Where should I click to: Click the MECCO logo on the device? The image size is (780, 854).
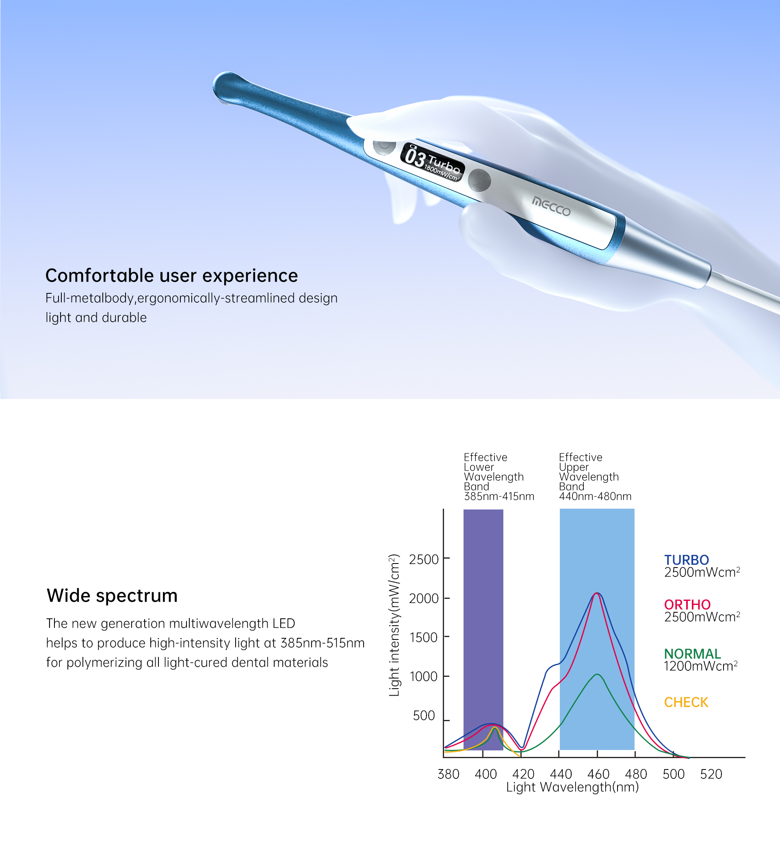pyautogui.click(x=551, y=206)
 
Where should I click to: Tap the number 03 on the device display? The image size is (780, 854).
pyautogui.click(x=414, y=157)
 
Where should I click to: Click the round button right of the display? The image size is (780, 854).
pyautogui.click(x=480, y=180)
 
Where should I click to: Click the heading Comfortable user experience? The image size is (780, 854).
pyautogui.click(x=171, y=276)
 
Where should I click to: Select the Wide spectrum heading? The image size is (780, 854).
pyautogui.click(x=112, y=596)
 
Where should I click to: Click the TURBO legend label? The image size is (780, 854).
pyautogui.click(x=687, y=560)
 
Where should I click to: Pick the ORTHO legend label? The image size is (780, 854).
pyautogui.click(x=687, y=605)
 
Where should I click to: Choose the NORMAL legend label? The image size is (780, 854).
pyautogui.click(x=692, y=654)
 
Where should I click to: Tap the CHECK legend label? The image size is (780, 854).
pyautogui.click(x=686, y=702)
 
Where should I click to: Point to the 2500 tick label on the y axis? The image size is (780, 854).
pyautogui.click(x=424, y=559)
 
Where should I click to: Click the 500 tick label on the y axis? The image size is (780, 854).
pyautogui.click(x=424, y=716)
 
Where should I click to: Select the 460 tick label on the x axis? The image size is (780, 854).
pyautogui.click(x=598, y=774)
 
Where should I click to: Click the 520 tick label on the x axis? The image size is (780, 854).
pyautogui.click(x=711, y=774)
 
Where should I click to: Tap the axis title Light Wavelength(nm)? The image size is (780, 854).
pyautogui.click(x=572, y=787)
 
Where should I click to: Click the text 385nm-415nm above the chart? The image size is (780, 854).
pyautogui.click(x=499, y=496)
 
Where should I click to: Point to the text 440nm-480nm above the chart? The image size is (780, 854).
pyautogui.click(x=595, y=496)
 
